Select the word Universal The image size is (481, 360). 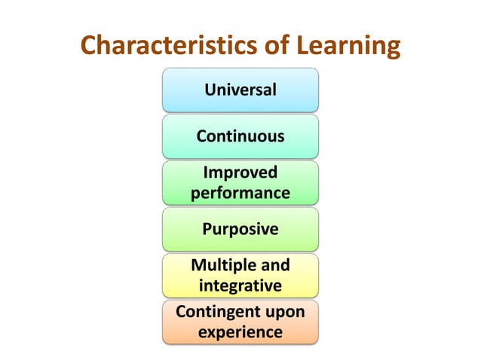240,90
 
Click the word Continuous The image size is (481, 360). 240,137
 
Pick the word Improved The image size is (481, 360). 240,172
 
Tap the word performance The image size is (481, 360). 240,193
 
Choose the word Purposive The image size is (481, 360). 240,229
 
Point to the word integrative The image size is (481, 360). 240,286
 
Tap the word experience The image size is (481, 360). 240,332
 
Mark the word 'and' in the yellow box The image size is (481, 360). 274,265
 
